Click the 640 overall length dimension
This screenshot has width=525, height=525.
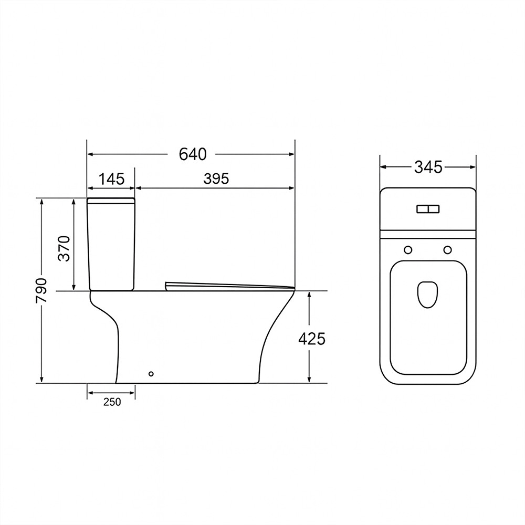point(193,154)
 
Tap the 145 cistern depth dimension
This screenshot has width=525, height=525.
point(111,179)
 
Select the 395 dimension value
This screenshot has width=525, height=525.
point(216,179)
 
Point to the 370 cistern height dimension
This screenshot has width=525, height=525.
point(64,248)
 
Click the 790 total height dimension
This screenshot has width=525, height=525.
point(42,290)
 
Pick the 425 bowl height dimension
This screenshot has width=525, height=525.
point(312,339)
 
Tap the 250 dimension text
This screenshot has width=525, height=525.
point(112,402)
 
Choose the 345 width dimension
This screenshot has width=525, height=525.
point(428,167)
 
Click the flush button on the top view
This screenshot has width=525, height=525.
point(428,209)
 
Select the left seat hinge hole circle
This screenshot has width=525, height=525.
point(408,250)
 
